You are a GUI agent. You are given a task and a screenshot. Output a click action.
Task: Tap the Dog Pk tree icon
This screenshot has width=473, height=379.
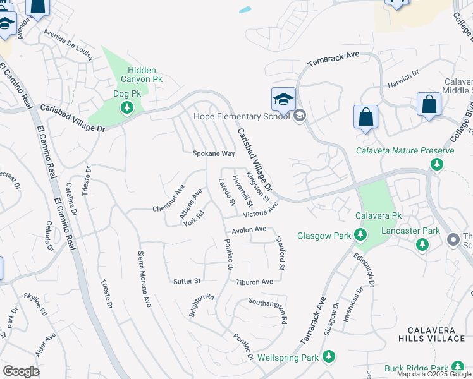pos(127,107)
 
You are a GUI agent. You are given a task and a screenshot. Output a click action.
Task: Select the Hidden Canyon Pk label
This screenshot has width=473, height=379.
pos(136,75)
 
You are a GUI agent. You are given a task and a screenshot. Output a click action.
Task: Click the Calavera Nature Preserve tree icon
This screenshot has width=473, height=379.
pos(436,164)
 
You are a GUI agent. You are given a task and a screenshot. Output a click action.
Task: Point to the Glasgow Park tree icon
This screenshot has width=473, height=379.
pos(360,236)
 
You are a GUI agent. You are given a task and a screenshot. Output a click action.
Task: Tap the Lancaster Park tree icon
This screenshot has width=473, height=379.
pos(422,244)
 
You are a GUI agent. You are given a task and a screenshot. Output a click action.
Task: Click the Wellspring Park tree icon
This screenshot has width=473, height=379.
pos(328,358)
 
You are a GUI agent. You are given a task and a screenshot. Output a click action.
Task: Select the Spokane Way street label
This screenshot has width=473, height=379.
pos(214,153)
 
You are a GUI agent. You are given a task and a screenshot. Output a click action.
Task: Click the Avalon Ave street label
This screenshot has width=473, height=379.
pos(249,230)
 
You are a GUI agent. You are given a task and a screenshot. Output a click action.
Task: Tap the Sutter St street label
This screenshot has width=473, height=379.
pos(187,280)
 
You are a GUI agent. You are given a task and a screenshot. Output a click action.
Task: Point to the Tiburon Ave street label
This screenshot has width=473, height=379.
pos(255,282)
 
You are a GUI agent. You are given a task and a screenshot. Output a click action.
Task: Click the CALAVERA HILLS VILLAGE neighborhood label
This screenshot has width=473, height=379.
pos(436,334)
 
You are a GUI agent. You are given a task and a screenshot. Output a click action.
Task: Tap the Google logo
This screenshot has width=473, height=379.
pos(21,371)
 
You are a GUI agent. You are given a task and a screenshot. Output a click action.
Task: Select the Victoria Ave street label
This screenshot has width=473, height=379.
pos(264,208)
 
